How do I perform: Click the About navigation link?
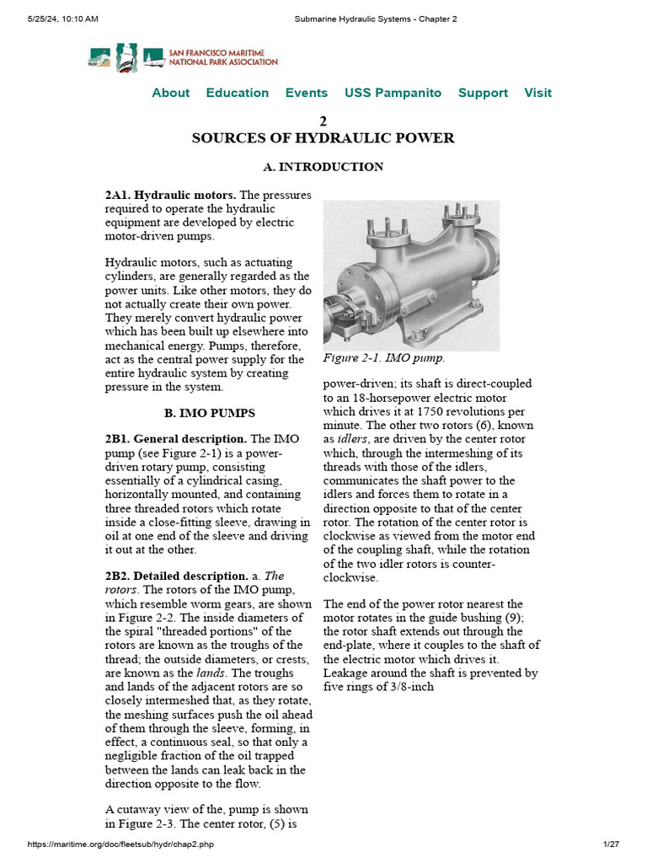[x=170, y=93]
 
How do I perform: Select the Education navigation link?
[x=238, y=93]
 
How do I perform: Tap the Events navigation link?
[x=307, y=93]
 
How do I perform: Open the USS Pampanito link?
[x=393, y=93]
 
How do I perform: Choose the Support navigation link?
[x=483, y=93]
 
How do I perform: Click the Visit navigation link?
[x=538, y=93]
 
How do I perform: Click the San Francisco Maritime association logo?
[x=183, y=57]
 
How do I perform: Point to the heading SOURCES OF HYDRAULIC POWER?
[x=323, y=138]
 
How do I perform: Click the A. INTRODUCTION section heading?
[x=323, y=167]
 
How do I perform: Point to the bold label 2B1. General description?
[x=176, y=439]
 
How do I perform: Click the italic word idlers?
[x=352, y=439]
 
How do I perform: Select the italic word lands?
[x=211, y=673]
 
